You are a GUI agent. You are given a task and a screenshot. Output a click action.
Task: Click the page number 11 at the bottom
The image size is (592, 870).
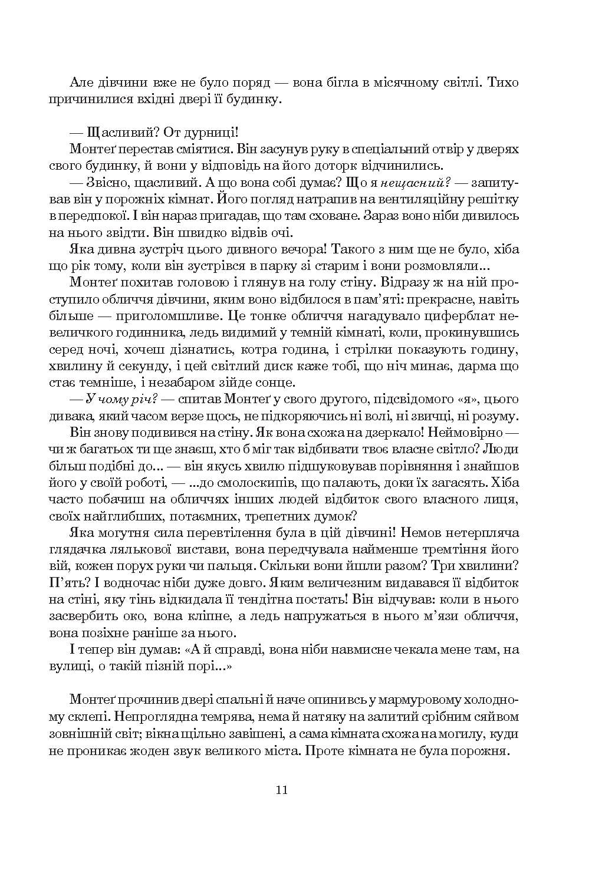281,790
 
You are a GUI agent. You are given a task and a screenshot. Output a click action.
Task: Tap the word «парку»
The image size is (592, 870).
275,266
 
